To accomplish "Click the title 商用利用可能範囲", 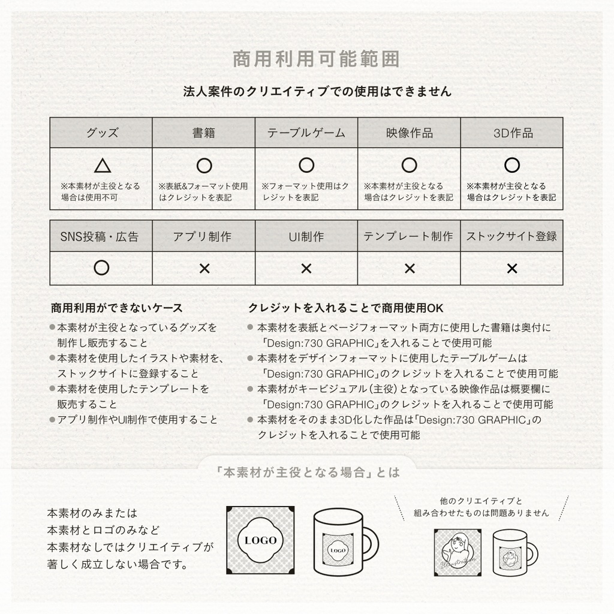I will (x=316, y=59).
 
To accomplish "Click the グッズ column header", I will (x=101, y=133).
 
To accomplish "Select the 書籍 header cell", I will (x=204, y=133).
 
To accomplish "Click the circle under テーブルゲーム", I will (x=306, y=165).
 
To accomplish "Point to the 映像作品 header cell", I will (x=409, y=133).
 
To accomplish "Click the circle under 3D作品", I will (x=511, y=165).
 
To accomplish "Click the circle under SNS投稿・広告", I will (x=102, y=268).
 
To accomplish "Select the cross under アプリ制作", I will (x=204, y=269).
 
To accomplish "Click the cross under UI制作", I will (x=306, y=269).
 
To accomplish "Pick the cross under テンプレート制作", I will (x=409, y=269).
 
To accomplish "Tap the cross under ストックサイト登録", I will (x=511, y=269).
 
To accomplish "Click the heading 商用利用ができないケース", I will (x=117, y=308).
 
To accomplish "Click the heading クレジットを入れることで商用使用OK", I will (x=346, y=308).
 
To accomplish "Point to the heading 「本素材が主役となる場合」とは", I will (x=308, y=472).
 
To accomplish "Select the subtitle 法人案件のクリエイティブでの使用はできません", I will (x=317, y=92).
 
